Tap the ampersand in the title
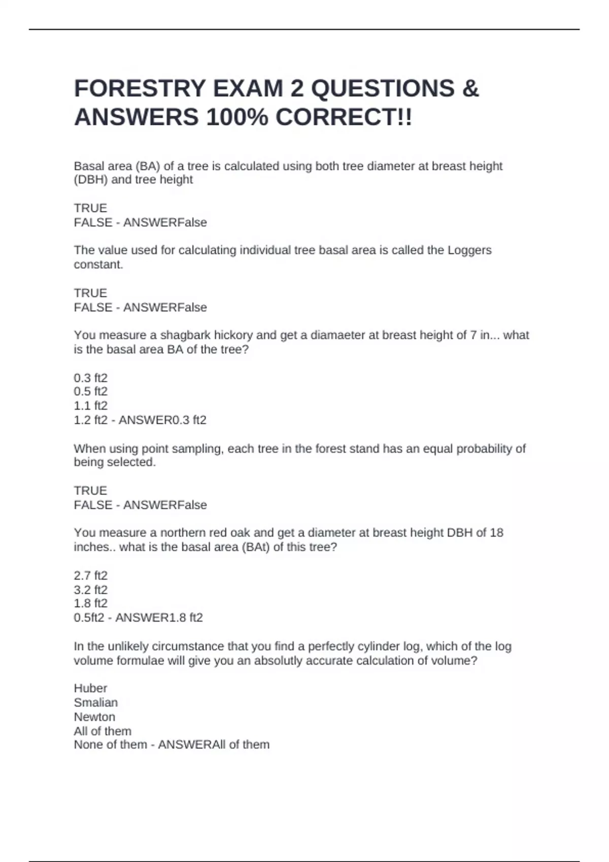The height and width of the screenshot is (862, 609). coord(470,89)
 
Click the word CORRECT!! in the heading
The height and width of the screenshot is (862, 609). coord(344,118)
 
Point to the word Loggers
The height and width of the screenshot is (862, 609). coord(469,250)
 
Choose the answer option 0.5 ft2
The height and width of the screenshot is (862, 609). coord(91,391)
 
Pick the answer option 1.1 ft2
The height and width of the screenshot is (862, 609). coord(91,406)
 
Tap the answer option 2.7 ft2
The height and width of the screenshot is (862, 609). coord(91,576)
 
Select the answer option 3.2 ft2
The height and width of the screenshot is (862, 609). coord(91,590)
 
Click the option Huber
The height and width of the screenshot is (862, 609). coord(90,688)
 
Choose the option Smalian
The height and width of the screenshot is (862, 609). coord(95,702)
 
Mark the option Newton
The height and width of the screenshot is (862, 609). coord(94,716)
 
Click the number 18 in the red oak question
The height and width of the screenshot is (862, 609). coord(496,532)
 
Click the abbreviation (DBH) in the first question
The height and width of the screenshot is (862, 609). coord(91,179)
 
